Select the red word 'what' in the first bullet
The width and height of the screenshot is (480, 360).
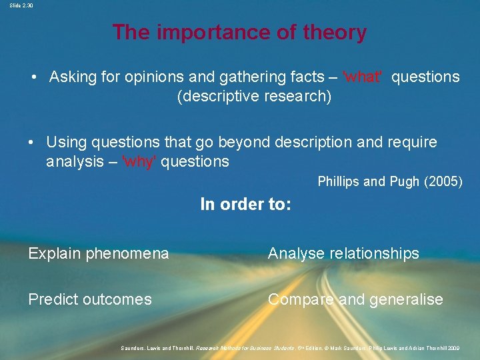(x=363, y=77)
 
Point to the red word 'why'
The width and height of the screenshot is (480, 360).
(x=139, y=161)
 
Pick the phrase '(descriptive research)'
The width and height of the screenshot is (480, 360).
(x=254, y=96)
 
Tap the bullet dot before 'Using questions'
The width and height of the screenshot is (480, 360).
(x=31, y=143)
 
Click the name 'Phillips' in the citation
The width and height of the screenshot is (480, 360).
(x=339, y=181)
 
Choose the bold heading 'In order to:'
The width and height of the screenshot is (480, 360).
(x=245, y=205)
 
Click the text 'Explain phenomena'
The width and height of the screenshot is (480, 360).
(x=98, y=253)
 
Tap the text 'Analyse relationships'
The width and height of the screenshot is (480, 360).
(x=343, y=253)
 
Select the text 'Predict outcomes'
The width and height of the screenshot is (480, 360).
(x=90, y=299)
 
